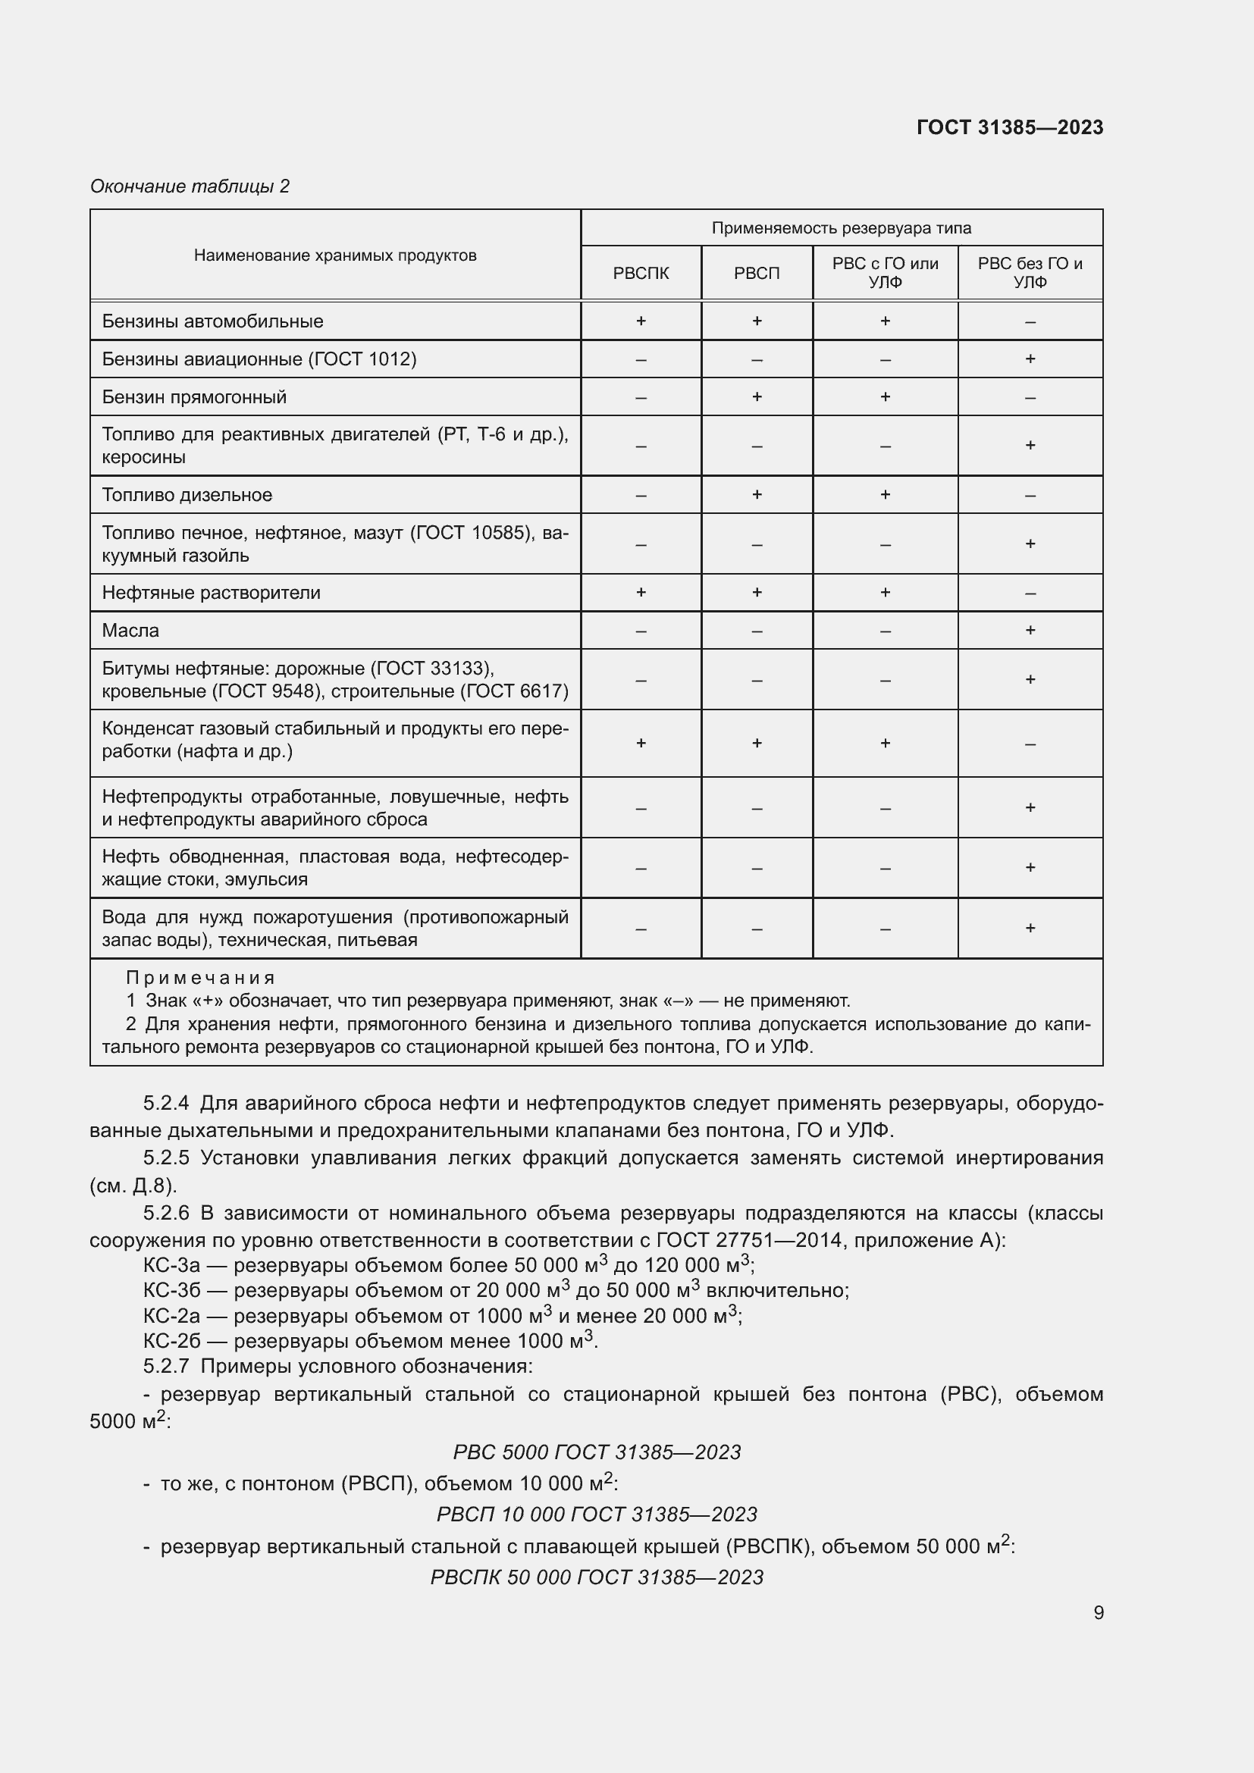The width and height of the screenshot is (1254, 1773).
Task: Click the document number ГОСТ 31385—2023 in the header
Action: pyautogui.click(x=1009, y=127)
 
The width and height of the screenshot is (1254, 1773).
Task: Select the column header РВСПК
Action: pyautogui.click(x=640, y=274)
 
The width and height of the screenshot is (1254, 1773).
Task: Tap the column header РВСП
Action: pyautogui.click(x=756, y=274)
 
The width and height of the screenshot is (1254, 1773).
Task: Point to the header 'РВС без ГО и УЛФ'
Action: pyautogui.click(x=1030, y=273)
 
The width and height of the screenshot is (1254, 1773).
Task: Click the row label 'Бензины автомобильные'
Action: pyautogui.click(x=212, y=321)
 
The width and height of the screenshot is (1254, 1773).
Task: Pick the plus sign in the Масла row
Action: pyautogui.click(x=1030, y=630)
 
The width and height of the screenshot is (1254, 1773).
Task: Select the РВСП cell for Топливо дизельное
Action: pyautogui.click(x=756, y=494)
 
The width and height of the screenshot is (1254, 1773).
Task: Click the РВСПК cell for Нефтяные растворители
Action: pyautogui.click(x=640, y=592)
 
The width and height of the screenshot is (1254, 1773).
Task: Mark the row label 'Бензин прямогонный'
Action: pyautogui.click(x=194, y=397)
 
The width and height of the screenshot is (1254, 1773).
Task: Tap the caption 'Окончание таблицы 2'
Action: pyautogui.click(x=190, y=186)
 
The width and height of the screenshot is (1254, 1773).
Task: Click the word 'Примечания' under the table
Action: pyautogui.click(x=200, y=978)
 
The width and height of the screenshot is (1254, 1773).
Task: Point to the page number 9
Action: pyautogui.click(x=1098, y=1612)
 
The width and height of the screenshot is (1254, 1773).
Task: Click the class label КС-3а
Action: pyautogui.click(x=171, y=1265)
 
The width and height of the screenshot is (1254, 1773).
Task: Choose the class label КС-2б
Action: pyautogui.click(x=171, y=1341)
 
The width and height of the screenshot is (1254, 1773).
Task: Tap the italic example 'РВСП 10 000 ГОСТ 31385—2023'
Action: pyautogui.click(x=596, y=1515)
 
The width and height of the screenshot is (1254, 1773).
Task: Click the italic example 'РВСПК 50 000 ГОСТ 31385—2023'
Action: pyautogui.click(x=596, y=1577)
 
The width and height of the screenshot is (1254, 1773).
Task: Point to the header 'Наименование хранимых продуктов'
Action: pyautogui.click(x=335, y=255)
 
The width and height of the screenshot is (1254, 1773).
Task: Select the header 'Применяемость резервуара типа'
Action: pyautogui.click(x=841, y=228)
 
